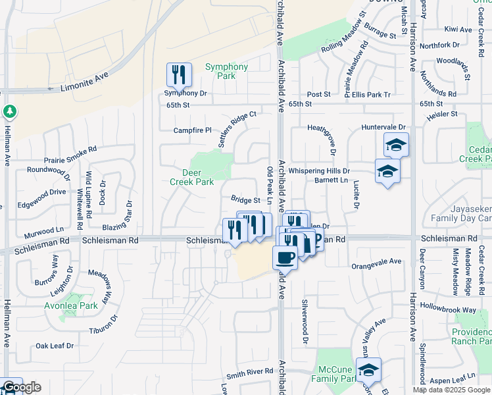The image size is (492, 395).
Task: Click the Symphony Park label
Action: [x=226, y=71]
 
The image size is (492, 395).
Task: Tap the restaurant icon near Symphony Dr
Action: [x=179, y=75]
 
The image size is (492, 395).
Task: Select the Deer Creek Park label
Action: [x=191, y=176]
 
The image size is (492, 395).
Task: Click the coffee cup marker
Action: [x=285, y=257]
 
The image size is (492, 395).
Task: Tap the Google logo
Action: [x=21, y=387]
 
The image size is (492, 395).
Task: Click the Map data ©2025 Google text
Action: [x=451, y=390]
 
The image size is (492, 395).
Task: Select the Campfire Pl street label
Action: [x=192, y=130]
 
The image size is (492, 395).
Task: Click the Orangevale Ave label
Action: [x=376, y=261]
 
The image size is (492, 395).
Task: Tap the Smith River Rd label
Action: [x=249, y=371]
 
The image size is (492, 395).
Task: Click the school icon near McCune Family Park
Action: [x=368, y=369]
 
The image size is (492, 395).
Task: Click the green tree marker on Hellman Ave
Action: [x=9, y=111]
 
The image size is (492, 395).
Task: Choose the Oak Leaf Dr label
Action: [x=55, y=345]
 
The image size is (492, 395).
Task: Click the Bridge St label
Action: [x=245, y=199]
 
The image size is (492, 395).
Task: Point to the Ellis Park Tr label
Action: [x=371, y=95]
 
